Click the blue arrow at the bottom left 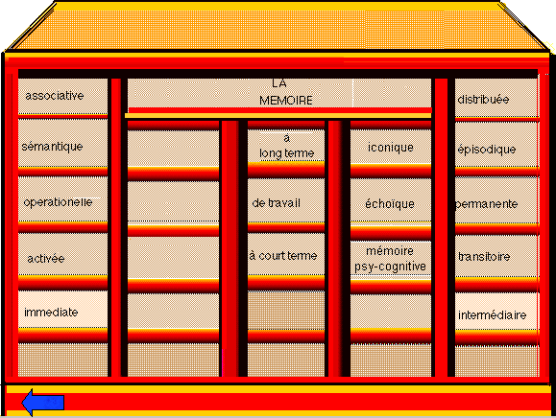pos(42,403)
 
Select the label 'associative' pos(54,96)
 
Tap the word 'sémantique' pos(52,147)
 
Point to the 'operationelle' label pos(58,202)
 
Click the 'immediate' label pos(51,313)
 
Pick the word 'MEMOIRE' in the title pos(286,101)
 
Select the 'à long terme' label pos(287,146)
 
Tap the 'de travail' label pos(276,203)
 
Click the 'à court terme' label pos(283,256)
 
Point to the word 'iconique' pos(391,148)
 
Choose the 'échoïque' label pos(390,203)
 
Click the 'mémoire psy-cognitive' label pos(390,259)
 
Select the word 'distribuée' pos(483,100)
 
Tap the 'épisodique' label pos(487,150)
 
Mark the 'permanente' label pos(487,204)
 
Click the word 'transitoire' pos(484,256)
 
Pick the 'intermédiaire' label pos(493,314)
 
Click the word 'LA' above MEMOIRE pos(279,83)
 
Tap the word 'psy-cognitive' pos(390,267)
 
